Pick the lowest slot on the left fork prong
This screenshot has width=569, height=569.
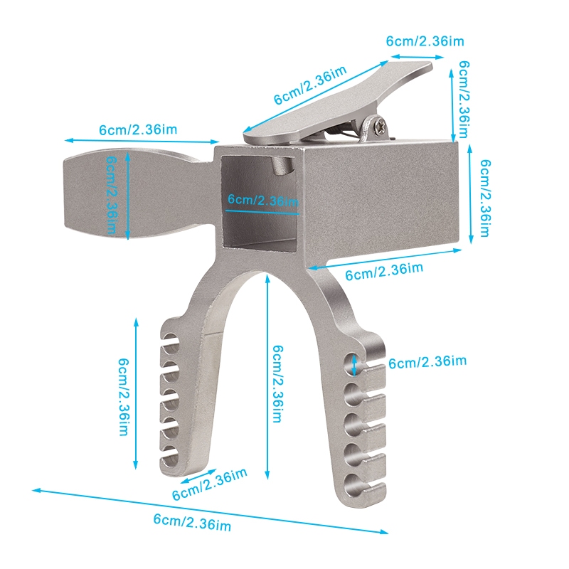click(x=169, y=460)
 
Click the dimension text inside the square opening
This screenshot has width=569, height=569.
click(x=263, y=200)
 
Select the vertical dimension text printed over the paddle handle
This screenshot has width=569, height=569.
click(x=112, y=195)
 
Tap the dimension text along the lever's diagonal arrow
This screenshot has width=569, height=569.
click(x=310, y=85)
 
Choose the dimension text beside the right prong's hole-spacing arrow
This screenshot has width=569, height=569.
click(x=427, y=362)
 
